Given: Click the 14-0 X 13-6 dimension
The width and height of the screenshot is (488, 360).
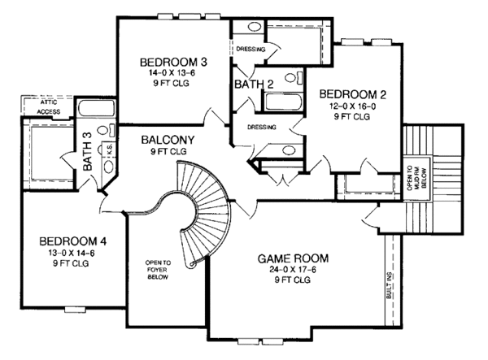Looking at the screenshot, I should (x=173, y=73).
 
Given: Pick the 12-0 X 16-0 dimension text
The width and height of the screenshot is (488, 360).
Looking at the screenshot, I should (x=351, y=106).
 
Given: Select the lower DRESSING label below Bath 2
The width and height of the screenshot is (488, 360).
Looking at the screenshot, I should (x=260, y=127).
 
